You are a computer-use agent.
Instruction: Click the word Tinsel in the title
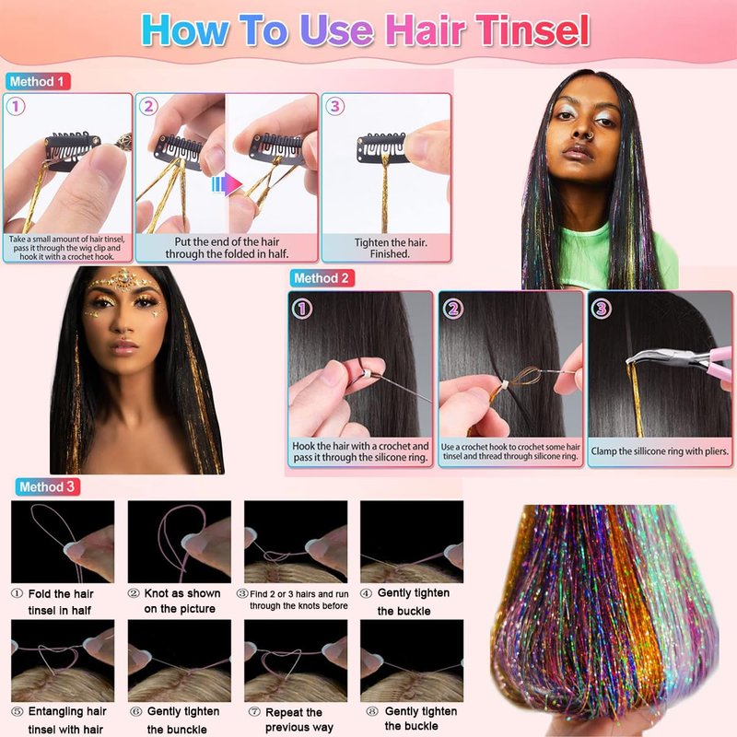tap(532, 30)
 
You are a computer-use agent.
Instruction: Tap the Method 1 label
tap(38, 81)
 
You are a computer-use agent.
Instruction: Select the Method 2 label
tap(322, 278)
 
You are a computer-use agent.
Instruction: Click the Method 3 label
tap(47, 486)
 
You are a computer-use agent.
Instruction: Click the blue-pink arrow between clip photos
tap(227, 184)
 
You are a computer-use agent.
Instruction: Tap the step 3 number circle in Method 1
tap(334, 106)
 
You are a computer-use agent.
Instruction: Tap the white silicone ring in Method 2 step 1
tap(365, 374)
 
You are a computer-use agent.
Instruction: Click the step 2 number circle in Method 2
tap(453, 309)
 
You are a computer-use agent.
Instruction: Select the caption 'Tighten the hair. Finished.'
tap(390, 248)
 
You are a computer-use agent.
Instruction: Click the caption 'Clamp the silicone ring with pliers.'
tap(660, 451)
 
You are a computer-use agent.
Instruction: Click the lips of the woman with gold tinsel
tap(123, 348)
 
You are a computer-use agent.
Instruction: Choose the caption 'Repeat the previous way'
tap(298, 720)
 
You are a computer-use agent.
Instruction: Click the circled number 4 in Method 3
tap(366, 593)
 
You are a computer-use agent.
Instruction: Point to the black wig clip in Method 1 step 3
tap(380, 147)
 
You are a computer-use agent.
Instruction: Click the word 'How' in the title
tap(185, 30)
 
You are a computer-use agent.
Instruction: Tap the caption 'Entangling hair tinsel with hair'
tap(66, 720)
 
